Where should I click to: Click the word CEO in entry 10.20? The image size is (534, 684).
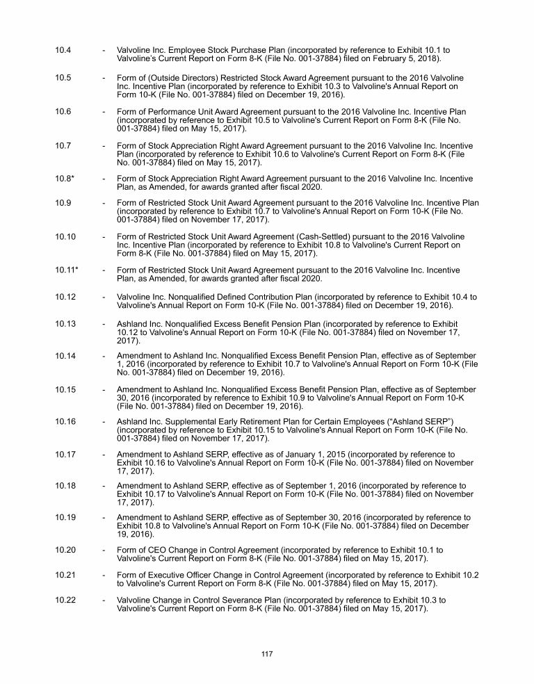[x=154, y=551]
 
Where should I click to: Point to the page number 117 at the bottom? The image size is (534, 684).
[x=267, y=654]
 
